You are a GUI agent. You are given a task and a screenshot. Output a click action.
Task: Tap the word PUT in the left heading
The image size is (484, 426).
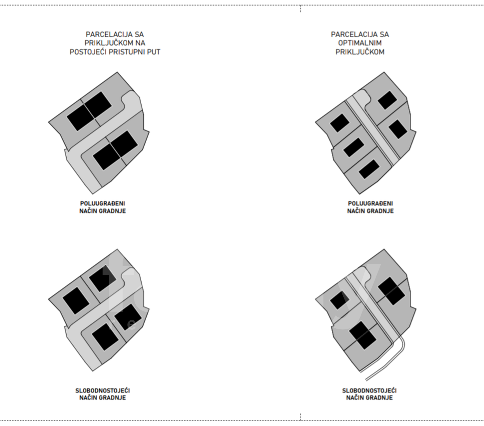pos(153,52)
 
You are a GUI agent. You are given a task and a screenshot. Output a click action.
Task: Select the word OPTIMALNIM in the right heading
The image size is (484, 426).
pos(360,43)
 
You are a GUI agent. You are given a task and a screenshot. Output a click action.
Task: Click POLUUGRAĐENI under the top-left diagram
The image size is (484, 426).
pos(103,204)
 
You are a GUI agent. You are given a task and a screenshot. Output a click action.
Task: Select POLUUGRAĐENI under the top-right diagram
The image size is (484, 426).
pos(370,204)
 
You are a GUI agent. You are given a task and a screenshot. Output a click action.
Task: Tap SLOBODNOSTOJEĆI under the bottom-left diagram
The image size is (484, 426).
pos(103,390)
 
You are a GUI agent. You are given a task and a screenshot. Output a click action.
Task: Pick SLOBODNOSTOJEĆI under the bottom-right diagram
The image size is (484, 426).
pos(369,390)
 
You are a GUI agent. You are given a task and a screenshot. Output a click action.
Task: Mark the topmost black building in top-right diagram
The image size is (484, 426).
pos(387,100)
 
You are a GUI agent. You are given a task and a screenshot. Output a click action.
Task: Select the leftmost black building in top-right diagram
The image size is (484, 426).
pos(340,123)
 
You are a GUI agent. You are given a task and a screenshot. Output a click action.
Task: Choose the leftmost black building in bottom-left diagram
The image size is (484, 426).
pos(76,301)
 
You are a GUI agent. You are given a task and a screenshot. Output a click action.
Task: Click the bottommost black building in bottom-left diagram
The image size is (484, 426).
pos(105,336)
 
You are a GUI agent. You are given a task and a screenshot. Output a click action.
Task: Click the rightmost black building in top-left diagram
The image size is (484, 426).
pos(124,144)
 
